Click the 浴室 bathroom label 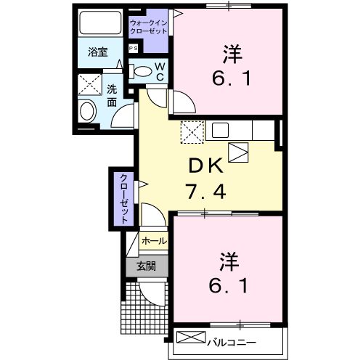click(x=98, y=52)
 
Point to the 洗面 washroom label click(x=112, y=97)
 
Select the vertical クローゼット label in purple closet click(x=123, y=197)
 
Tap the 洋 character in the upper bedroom click(x=232, y=53)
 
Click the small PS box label click(x=134, y=48)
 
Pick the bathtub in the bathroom click(x=99, y=26)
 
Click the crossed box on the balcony click(x=191, y=338)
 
